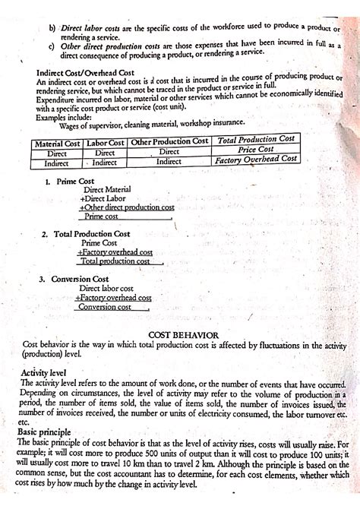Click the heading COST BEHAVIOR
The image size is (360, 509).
[x=184, y=334]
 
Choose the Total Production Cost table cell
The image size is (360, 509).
[x=256, y=140]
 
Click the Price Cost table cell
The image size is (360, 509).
[x=255, y=150]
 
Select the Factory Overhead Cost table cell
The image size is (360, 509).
[x=256, y=160]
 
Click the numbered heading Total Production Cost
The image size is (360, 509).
[x=90, y=233]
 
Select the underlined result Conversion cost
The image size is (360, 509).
[x=104, y=307]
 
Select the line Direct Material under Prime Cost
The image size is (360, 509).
[x=112, y=189]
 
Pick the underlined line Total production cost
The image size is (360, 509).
[x=115, y=261]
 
